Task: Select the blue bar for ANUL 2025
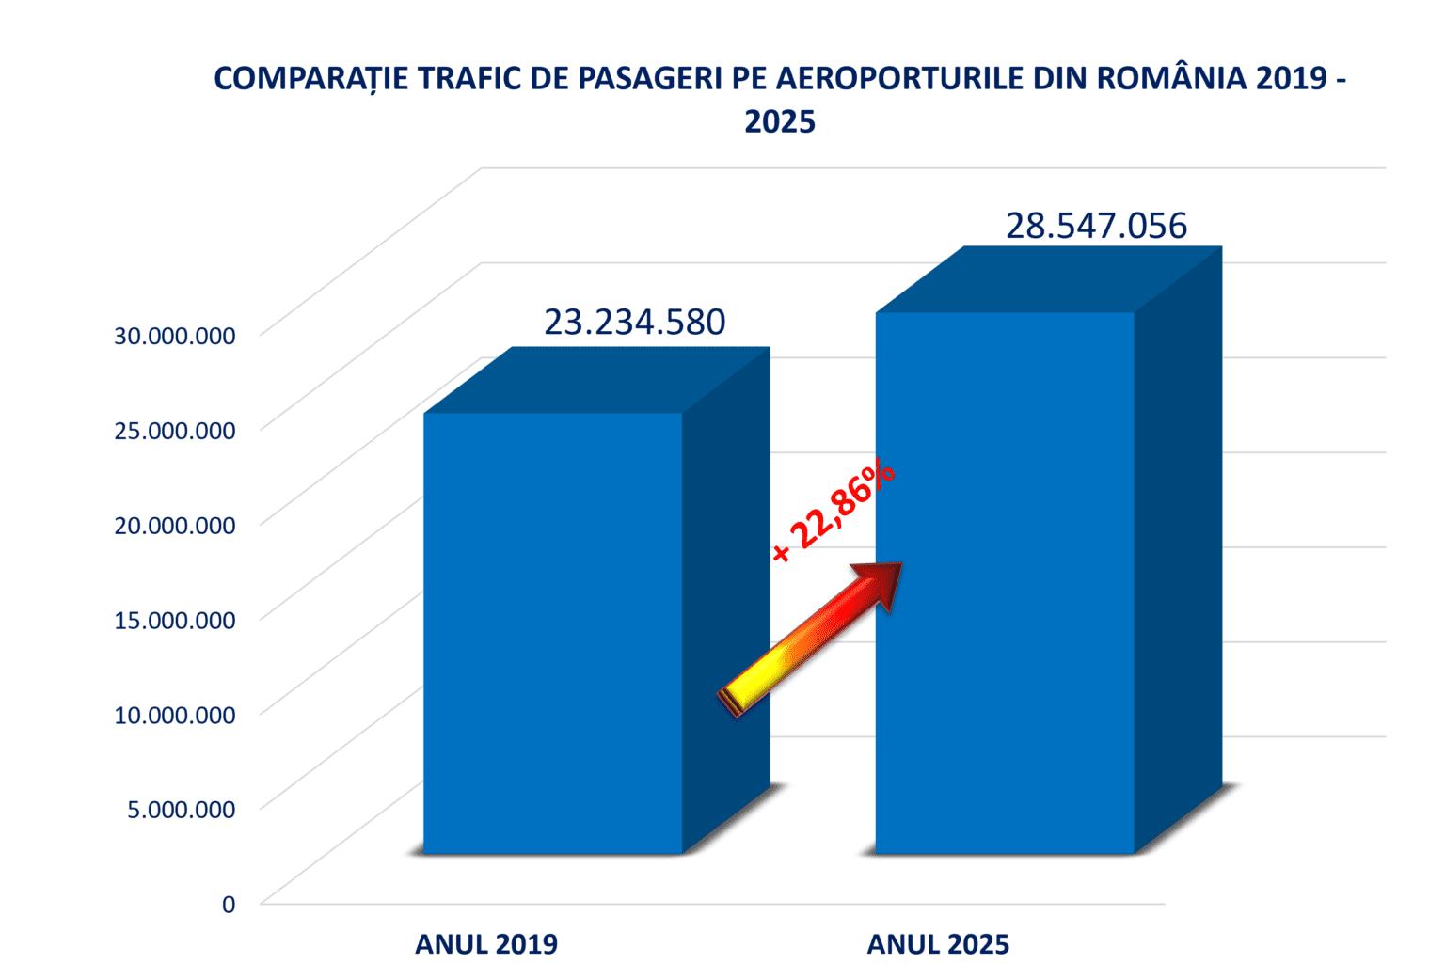point(1004,583)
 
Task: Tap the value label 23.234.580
point(634,322)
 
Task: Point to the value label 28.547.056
point(1096,226)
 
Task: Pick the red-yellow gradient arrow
point(812,638)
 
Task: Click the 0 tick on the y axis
point(228,904)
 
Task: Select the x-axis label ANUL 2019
point(486,944)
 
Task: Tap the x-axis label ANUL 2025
point(938,944)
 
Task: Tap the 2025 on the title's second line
point(780,122)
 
